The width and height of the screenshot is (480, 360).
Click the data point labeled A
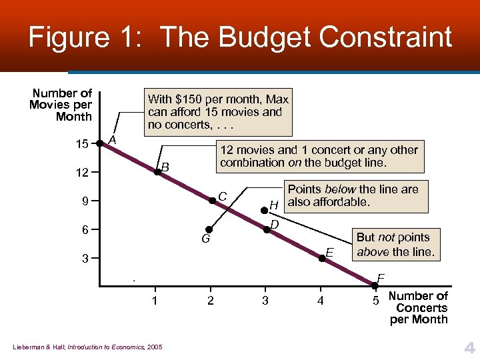coord(100,143)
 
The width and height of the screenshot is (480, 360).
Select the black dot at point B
coord(157,172)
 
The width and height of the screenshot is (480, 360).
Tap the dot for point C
coord(213,200)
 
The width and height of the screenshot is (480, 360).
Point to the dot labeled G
coord(209,229)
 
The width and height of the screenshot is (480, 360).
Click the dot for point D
coord(267,229)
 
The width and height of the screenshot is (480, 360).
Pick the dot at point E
coord(321,257)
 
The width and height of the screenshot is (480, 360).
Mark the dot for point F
coord(375,286)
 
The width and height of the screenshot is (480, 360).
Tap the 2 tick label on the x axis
coord(211,301)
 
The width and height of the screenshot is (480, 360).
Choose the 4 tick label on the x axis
coord(321,301)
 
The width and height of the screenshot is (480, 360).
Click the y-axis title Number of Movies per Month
coord(61,105)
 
